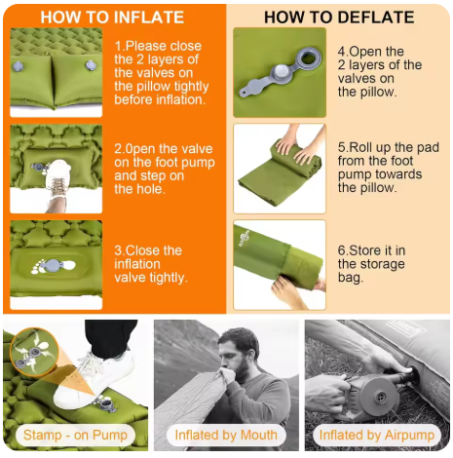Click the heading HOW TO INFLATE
(112, 18)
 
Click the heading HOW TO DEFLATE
(339, 18)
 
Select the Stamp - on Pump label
(75, 435)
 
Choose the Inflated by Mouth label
(226, 435)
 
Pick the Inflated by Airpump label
(377, 436)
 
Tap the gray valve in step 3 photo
(54, 265)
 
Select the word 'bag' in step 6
(350, 278)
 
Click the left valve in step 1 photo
(18, 66)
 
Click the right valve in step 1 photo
(91, 65)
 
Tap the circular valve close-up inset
(33, 352)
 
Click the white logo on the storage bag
(245, 239)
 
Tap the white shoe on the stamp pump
(94, 378)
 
